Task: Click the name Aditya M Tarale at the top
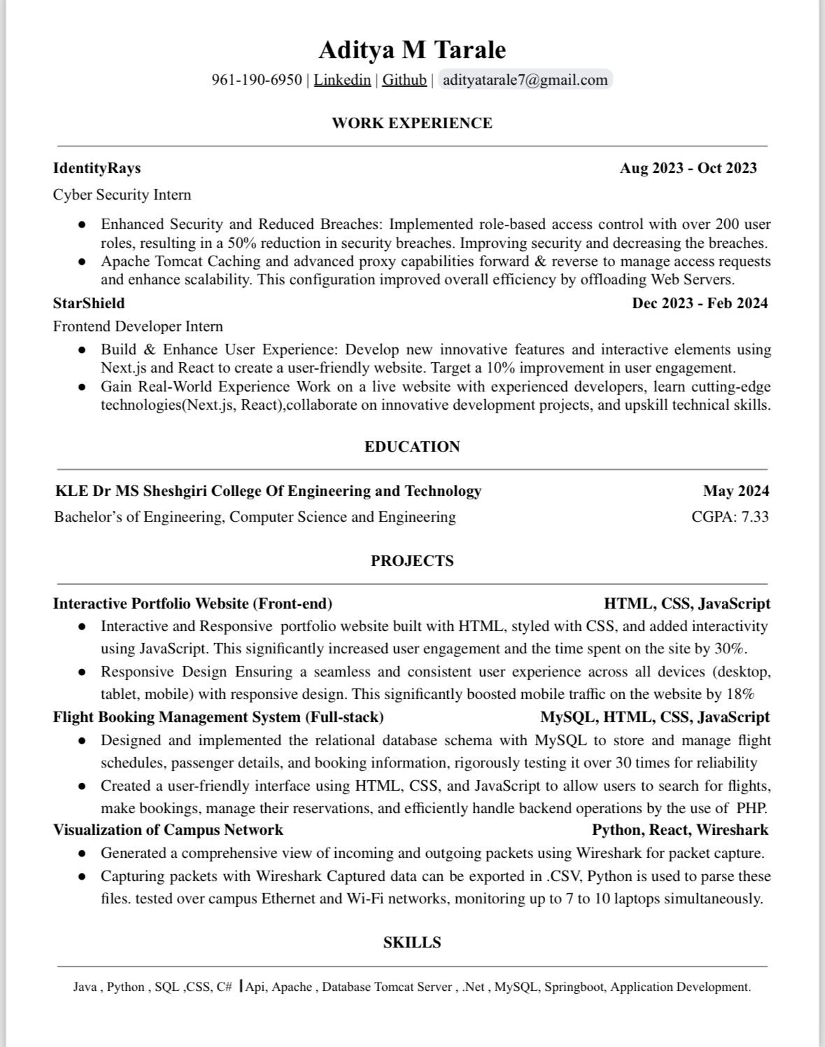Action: [x=412, y=50]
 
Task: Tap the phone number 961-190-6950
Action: [x=257, y=80]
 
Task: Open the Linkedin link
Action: [x=342, y=80]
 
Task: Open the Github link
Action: [x=404, y=80]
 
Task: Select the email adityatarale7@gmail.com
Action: [x=525, y=80]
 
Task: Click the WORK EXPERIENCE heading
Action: [x=412, y=123]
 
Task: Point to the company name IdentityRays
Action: [x=97, y=168]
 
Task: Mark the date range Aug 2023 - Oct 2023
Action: [x=688, y=168]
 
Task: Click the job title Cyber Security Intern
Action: [x=122, y=195]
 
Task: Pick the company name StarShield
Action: [x=89, y=303]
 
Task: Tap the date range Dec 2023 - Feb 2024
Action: [x=700, y=303]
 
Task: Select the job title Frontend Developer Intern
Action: [x=138, y=326]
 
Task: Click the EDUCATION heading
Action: [x=412, y=447]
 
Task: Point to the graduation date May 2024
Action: [x=736, y=491]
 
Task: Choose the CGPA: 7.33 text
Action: [x=730, y=517]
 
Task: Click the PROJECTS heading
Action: [x=412, y=561]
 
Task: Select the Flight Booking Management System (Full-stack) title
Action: [x=218, y=717]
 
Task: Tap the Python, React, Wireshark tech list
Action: [x=680, y=830]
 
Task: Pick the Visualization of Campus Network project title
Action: [x=168, y=830]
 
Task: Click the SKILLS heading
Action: [x=412, y=943]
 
